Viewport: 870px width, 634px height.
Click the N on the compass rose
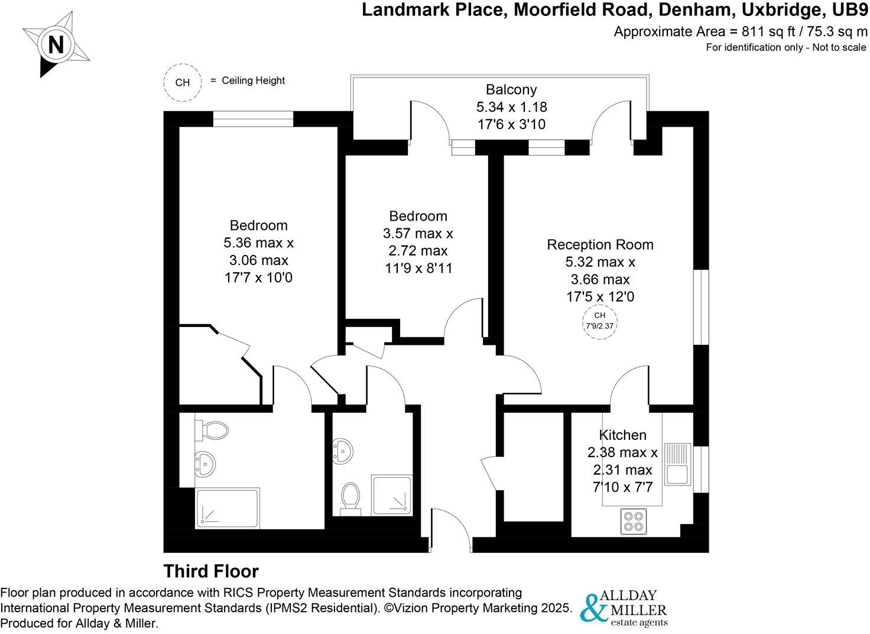56,46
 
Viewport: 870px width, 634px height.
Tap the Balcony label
511,90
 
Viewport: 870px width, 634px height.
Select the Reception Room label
600,244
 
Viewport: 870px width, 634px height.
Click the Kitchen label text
622,435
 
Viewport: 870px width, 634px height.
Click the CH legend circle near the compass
183,82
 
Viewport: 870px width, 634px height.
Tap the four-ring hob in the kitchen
634,521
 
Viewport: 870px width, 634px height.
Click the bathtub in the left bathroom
228,507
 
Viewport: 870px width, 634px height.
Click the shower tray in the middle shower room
390,494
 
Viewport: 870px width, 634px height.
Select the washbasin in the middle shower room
343,451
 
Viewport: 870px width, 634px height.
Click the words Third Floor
211,571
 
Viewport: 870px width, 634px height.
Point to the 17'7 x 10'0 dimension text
258,277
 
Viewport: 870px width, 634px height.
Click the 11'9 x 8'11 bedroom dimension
418,268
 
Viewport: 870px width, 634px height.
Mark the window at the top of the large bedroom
253,119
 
